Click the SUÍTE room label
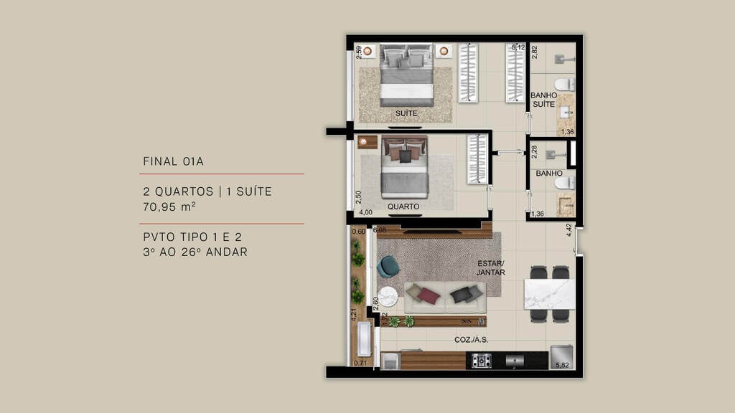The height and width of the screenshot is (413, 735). click(406, 114)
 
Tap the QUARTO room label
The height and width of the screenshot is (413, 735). click(403, 206)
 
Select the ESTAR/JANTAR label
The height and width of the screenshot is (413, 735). click(491, 267)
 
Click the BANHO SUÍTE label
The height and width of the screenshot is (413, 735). click(543, 100)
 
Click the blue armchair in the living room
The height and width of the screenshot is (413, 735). click(388, 267)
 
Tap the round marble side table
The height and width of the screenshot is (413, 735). click(388, 296)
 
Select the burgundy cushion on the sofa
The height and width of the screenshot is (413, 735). click(429, 295)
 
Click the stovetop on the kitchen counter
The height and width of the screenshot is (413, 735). click(480, 361)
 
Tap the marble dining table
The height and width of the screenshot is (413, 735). click(549, 294)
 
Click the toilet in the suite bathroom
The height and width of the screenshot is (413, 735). click(565, 85)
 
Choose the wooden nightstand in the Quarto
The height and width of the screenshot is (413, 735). click(367, 142)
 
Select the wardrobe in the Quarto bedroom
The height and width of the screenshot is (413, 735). click(477, 158)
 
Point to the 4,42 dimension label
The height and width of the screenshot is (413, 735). click(569, 230)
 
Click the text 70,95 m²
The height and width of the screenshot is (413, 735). click(169, 207)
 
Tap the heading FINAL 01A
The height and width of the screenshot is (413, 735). click(173, 161)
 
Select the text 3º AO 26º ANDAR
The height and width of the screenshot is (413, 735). click(195, 252)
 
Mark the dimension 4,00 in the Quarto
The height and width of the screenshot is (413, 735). click(365, 212)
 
